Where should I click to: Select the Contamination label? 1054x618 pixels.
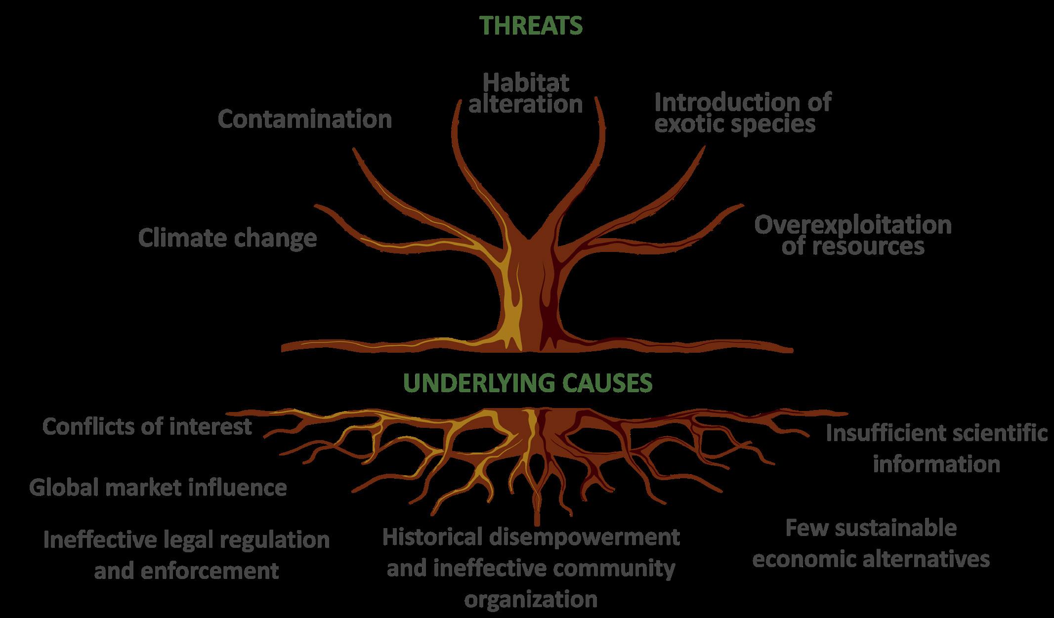click(305, 119)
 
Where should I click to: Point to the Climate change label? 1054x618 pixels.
click(227, 238)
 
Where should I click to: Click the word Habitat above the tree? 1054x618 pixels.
click(526, 82)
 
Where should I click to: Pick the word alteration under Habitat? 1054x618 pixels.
click(526, 104)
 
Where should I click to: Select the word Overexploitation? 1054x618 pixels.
click(853, 225)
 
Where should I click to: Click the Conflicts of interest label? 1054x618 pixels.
click(147, 426)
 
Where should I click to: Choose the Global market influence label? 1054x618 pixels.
click(158, 488)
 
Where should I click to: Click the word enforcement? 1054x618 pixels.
click(210, 571)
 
